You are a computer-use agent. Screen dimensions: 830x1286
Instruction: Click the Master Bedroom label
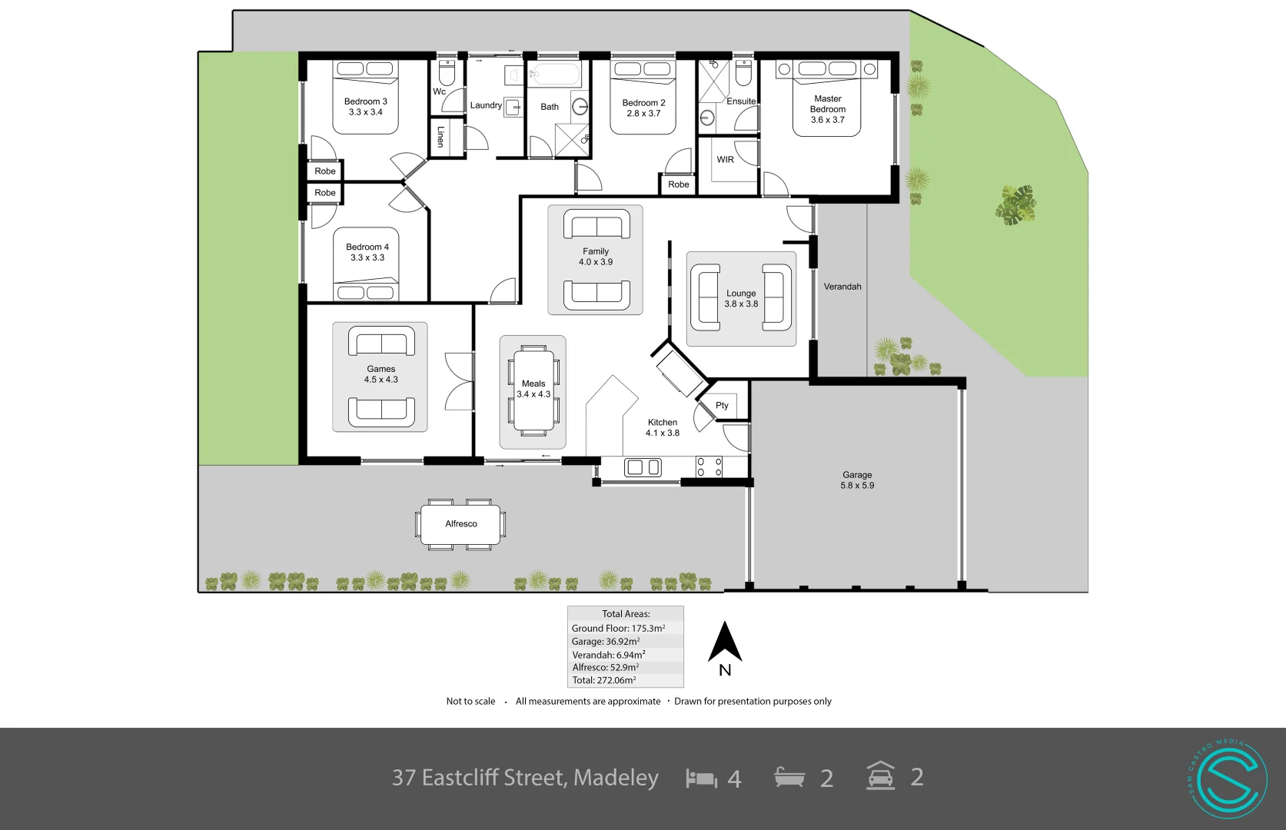coord(827,109)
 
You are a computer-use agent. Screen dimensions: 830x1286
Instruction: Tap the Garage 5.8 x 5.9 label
coord(857,480)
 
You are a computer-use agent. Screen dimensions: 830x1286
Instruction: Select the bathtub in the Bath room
coord(555,76)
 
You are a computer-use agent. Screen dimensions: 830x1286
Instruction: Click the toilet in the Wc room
coord(447,73)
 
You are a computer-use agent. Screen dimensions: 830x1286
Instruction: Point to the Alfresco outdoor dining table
coord(460,524)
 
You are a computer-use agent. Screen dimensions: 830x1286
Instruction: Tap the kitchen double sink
coord(643,467)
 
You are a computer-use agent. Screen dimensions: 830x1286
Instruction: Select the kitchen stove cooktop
coord(709,467)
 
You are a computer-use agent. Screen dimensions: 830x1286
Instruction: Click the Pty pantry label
coord(722,406)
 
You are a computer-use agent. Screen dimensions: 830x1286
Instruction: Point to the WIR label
coord(725,160)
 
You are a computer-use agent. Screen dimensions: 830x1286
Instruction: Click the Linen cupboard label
coord(440,137)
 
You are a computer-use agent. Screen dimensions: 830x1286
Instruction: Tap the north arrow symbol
coord(725,644)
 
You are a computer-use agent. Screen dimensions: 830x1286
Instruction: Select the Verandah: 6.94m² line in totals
coord(609,655)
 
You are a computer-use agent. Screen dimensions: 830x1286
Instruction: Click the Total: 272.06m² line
coord(604,680)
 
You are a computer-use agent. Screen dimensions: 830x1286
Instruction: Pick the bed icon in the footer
coord(701,779)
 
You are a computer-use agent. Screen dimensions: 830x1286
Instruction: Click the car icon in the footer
coord(881,776)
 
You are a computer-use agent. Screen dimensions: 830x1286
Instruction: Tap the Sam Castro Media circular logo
coord(1227,779)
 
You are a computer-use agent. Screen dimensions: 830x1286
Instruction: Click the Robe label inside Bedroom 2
coord(678,184)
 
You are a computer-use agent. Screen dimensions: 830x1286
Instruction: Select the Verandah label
coord(842,287)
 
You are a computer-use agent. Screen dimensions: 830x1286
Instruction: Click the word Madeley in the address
coord(616,778)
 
